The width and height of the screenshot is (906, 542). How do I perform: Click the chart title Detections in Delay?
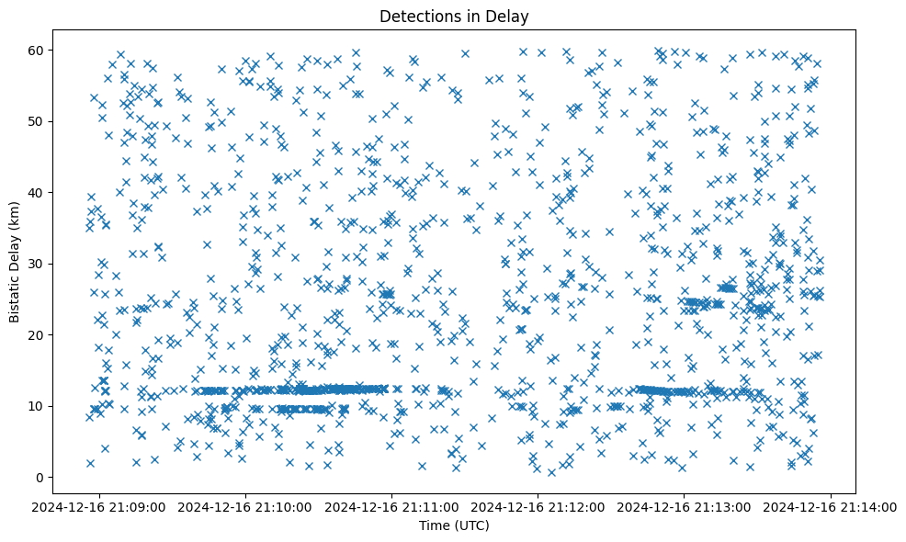click(454, 16)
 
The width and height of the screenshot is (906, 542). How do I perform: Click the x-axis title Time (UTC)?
click(454, 525)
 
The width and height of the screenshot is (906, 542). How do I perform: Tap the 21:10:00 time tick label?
click(247, 506)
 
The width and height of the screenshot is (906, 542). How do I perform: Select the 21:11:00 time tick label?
click(393, 506)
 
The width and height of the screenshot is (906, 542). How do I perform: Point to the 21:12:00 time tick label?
click(539, 506)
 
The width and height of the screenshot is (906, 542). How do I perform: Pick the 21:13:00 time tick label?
click(685, 506)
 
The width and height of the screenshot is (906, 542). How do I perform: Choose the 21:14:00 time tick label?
click(832, 506)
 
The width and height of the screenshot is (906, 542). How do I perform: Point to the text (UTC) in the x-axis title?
click(471, 525)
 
